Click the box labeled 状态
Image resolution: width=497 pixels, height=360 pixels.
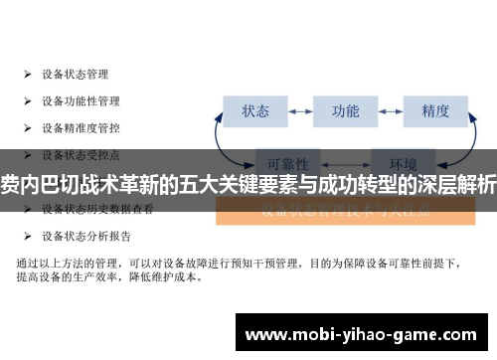tap(255, 110)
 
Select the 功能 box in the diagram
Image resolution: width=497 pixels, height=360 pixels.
tap(345, 110)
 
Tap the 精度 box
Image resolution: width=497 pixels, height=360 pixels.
tap(435, 110)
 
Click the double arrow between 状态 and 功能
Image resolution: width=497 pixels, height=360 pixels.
tap(300, 110)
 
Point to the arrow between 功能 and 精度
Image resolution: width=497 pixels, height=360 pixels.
tap(391, 110)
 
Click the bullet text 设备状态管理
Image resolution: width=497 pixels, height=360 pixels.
tap(76, 74)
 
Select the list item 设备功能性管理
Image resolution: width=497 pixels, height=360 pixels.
tap(81, 100)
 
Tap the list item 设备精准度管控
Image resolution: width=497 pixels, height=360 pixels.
tap(81, 127)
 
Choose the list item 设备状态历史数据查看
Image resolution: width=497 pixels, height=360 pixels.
tap(97, 209)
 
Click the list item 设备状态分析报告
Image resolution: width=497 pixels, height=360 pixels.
tap(86, 237)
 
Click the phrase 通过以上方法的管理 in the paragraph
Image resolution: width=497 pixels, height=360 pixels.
tap(70, 263)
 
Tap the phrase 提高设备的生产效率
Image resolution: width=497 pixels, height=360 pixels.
tap(65, 278)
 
